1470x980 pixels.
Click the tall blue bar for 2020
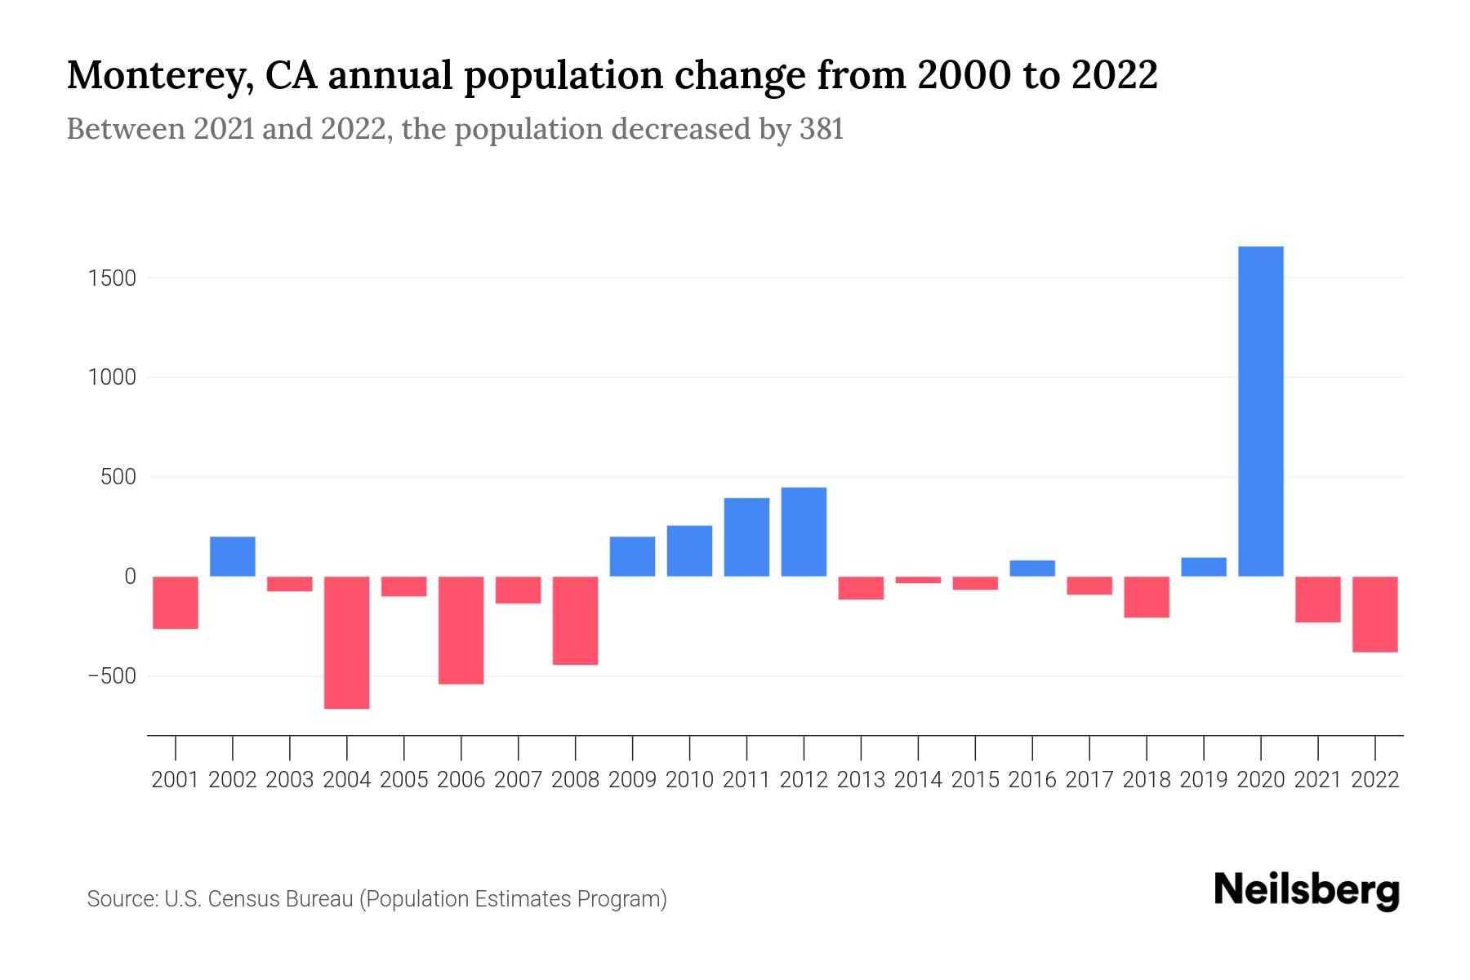[1260, 411]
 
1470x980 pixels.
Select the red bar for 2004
[346, 642]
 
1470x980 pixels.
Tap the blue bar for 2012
[804, 532]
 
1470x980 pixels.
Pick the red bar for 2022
[1375, 614]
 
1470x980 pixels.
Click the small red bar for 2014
[918, 580]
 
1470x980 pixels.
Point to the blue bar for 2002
[233, 556]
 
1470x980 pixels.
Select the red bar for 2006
[461, 630]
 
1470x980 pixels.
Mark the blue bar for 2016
[1032, 568]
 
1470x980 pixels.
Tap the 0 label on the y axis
[129, 577]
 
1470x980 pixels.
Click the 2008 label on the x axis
[575, 780]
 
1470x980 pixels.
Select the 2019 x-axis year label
[1203, 780]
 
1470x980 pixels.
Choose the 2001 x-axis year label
[176, 780]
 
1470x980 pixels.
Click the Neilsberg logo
[1307, 890]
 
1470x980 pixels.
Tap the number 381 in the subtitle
[821, 129]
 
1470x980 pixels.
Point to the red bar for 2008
[575, 620]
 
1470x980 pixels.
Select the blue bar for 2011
[746, 537]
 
